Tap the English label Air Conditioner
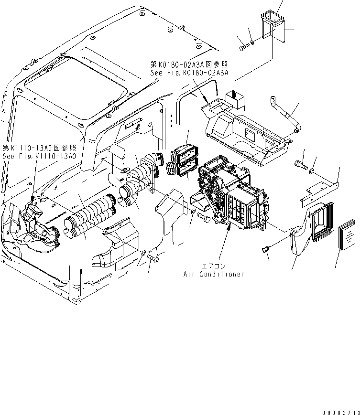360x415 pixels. pos(214,274)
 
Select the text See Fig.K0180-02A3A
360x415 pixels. pos(189,73)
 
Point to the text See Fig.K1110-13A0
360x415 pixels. pos(39,156)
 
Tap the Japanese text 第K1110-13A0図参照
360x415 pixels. pos(39,148)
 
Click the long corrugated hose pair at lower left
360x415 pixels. pos(88,215)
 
